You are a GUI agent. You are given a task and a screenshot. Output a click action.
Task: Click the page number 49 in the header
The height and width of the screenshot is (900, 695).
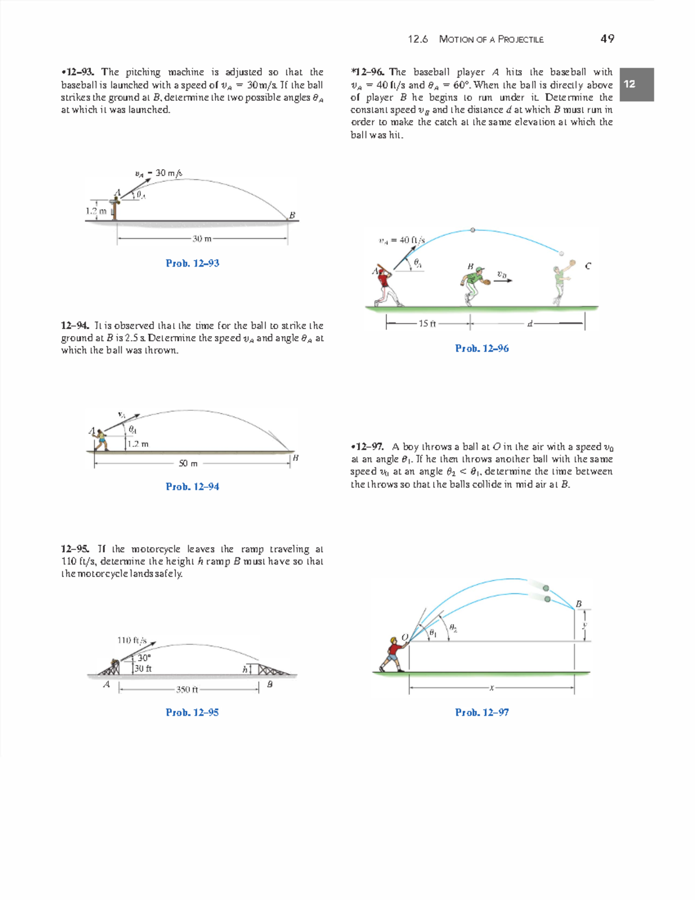607,39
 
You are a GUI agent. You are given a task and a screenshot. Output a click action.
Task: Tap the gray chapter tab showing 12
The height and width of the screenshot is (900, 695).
637,85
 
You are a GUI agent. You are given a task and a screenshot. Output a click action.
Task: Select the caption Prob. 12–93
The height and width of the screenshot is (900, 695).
192,263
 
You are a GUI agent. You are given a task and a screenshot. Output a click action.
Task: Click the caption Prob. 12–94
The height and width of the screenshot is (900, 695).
192,487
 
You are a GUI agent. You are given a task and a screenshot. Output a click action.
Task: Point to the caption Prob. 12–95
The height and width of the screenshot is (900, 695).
192,712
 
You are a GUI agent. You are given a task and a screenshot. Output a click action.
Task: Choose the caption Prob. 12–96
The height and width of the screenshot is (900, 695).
482,348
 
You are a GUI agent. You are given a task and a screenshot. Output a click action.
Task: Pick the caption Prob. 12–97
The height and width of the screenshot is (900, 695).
482,712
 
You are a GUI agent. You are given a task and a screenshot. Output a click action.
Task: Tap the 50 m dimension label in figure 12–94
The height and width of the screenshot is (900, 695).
188,463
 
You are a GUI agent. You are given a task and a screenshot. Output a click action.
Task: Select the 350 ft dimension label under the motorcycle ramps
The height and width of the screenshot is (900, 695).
187,690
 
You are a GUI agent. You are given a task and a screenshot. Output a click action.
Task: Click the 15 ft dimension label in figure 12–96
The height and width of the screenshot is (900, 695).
427,323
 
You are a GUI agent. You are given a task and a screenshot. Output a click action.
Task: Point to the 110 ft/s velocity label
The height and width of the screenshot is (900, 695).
132,640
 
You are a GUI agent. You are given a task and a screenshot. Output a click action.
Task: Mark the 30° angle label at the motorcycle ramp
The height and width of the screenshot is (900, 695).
144,658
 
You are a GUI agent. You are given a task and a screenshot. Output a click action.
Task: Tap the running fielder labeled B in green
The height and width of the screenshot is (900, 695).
472,285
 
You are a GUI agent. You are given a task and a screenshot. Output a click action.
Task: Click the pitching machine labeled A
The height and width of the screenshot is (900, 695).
115,208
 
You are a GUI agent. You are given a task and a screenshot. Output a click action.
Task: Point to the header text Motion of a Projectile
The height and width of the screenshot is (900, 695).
491,39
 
